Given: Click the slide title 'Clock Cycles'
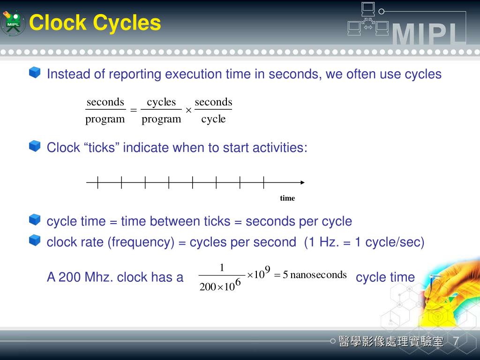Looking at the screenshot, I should [x=95, y=22].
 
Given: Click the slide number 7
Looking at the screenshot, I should [x=456, y=342].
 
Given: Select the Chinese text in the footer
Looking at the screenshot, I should [x=391, y=342].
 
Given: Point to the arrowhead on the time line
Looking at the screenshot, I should [x=302, y=182].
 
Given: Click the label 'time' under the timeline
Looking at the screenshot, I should [x=287, y=198].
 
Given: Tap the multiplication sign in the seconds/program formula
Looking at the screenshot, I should [x=188, y=110].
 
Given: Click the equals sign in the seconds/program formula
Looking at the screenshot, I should [x=133, y=110].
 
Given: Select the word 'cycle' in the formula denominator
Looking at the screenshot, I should [x=213, y=119].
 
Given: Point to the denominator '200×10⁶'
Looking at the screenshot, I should [x=220, y=285].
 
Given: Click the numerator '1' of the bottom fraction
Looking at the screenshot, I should [x=222, y=268].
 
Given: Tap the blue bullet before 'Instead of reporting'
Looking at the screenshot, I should [x=35, y=73].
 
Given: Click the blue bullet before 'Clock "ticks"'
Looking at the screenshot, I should [x=35, y=146].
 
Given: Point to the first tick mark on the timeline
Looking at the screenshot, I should [x=98, y=182].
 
